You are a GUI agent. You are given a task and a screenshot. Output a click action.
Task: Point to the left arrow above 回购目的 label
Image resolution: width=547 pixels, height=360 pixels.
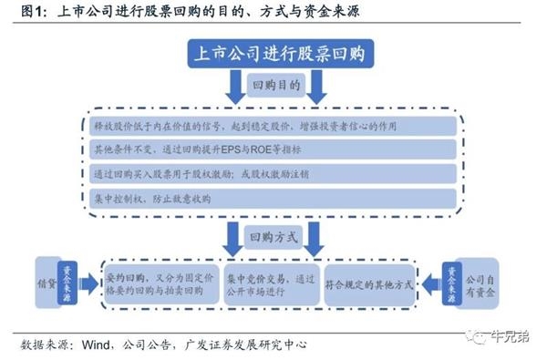click(233, 87)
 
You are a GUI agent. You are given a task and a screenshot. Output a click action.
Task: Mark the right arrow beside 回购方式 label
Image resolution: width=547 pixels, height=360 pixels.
click(315, 238)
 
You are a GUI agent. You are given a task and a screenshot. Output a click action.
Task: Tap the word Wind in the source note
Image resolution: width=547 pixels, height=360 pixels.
click(97, 345)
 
